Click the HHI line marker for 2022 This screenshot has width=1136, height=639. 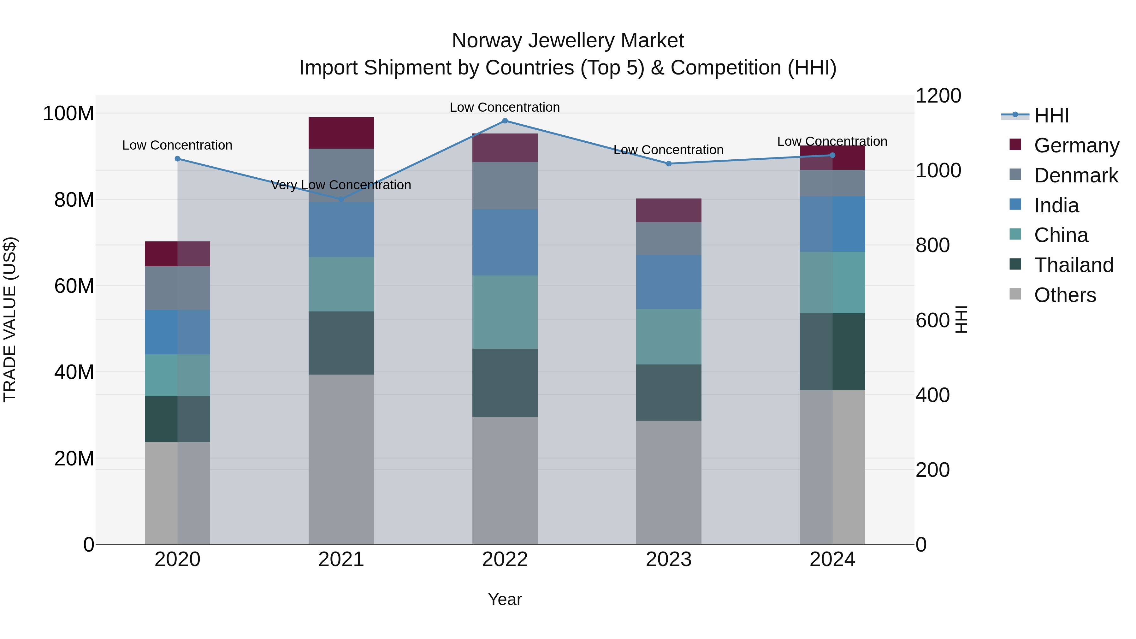click(505, 121)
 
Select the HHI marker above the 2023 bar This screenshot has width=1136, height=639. click(669, 163)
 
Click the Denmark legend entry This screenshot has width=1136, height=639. click(1076, 175)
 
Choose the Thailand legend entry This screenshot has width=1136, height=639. click(1074, 265)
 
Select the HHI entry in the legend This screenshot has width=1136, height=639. click(1051, 115)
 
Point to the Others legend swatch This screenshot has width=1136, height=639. click(1015, 294)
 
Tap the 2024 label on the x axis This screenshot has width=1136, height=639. click(832, 559)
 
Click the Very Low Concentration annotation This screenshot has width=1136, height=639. click(341, 185)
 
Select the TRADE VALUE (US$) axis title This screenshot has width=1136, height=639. click(10, 319)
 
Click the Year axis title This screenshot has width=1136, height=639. click(505, 599)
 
